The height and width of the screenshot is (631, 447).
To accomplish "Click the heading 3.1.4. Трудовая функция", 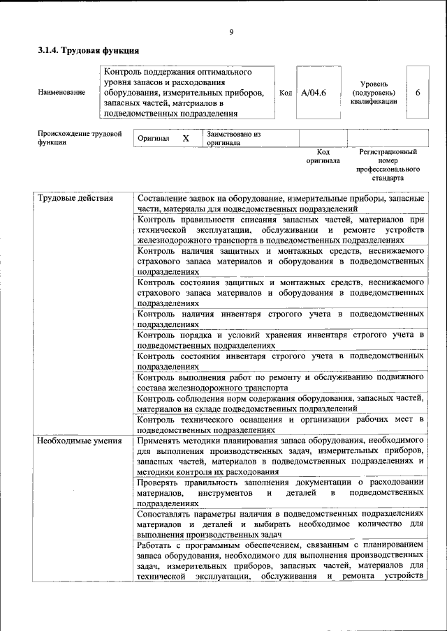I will [88, 50].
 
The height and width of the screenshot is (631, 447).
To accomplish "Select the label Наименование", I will [62, 92].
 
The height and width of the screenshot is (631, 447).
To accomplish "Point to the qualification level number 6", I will [418, 92].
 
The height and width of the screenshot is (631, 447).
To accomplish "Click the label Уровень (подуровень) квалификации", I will [374, 92].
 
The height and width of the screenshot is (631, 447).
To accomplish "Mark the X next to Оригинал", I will [186, 138].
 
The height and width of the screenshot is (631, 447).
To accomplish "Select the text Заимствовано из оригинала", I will [233, 138].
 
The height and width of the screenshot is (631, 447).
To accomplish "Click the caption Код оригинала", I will [323, 155].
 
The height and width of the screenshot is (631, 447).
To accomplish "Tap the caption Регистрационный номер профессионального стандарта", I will [388, 165].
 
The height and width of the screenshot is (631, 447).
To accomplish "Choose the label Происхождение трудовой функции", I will [80, 137].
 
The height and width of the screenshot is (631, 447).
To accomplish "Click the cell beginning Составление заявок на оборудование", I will [280, 203].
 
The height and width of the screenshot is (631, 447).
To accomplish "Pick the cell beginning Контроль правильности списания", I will [280, 229].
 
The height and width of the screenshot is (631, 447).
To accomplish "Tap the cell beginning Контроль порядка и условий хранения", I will [280, 340].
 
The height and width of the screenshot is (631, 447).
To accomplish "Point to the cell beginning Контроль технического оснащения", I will [280, 424].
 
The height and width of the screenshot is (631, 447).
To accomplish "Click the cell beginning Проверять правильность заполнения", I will [280, 492].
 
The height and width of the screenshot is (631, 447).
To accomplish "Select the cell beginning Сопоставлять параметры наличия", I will [280, 523].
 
